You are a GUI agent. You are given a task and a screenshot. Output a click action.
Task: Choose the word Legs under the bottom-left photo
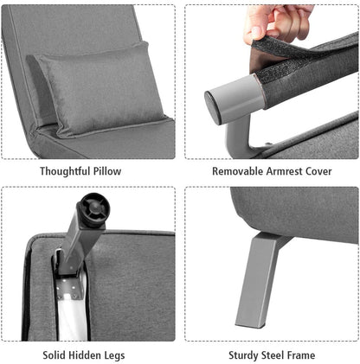pyautogui.click(x=125, y=354)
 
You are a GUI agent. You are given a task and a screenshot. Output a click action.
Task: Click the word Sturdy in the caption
pyautogui.click(x=246, y=354)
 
